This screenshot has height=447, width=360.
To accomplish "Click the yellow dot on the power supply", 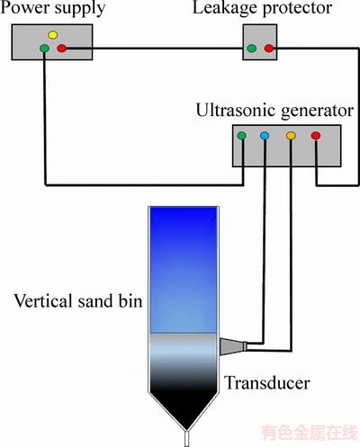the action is click(x=53, y=35).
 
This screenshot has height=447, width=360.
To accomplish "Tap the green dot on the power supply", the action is click(x=44, y=48).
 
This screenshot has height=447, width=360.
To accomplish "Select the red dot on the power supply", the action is click(x=62, y=48).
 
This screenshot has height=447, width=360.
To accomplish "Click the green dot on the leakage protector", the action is click(x=252, y=48).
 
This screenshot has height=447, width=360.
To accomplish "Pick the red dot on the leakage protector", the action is click(x=269, y=48).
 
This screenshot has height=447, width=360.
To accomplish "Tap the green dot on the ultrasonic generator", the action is click(x=241, y=136).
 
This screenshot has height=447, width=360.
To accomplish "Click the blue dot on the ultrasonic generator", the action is click(x=265, y=136).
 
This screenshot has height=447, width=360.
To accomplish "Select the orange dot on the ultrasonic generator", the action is click(x=291, y=136).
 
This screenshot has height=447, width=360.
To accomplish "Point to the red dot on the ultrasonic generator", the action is click(x=316, y=136).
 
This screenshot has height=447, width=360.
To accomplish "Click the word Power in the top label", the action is click(x=23, y=7).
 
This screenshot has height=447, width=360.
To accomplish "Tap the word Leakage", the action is click(x=225, y=8).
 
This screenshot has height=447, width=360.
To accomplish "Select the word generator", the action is click(x=318, y=112).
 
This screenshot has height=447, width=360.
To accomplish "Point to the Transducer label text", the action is click(x=267, y=383).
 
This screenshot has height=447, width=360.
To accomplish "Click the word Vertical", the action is click(x=43, y=300).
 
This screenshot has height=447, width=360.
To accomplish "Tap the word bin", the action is click(x=130, y=300).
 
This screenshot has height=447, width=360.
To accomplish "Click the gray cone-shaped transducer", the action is click(x=233, y=347).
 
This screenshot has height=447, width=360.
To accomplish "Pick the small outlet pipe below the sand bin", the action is click(x=186, y=438).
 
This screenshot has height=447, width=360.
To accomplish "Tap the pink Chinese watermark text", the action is click(x=310, y=433).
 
